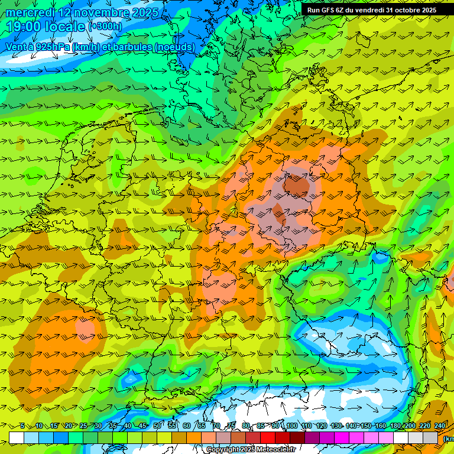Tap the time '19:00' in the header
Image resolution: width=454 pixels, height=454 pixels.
pyautogui.click(x=27, y=27)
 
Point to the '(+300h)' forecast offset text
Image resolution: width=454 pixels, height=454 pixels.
pyautogui.click(x=105, y=27)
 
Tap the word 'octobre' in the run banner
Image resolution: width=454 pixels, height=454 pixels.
pyautogui.click(x=404, y=10)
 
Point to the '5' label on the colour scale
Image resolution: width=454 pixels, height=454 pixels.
pyautogui.click(x=22, y=426)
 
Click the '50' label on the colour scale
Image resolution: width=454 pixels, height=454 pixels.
pyautogui.click(x=157, y=426)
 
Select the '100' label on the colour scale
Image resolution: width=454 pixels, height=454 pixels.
pyautogui.click(x=292, y=426)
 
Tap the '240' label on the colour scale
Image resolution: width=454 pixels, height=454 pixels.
pyautogui.click(x=440, y=426)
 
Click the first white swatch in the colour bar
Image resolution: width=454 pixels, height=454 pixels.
pyautogui.click(x=17, y=437)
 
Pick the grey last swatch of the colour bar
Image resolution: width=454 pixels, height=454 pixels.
pyautogui.click(x=430, y=437)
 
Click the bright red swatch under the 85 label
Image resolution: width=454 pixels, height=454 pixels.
pyautogui.click(x=268, y=437)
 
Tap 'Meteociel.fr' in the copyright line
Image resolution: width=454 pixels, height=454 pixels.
pyautogui.click(x=276, y=450)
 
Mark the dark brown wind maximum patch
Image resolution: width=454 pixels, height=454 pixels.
pyautogui.click(x=297, y=186)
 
